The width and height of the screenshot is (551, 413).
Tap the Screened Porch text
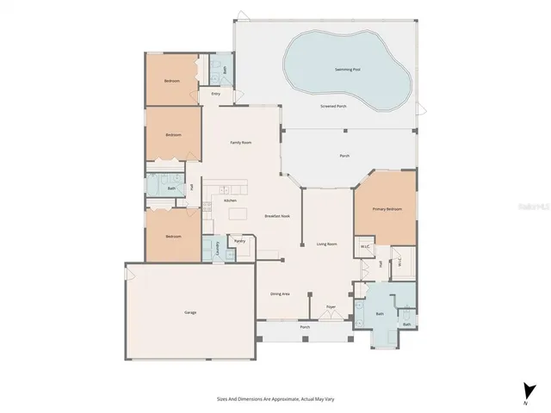[333, 106]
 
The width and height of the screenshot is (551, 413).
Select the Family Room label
[240, 142]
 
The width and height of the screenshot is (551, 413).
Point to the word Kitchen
[230, 200]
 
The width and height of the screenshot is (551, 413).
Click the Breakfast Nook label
[276, 216]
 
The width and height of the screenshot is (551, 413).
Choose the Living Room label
[326, 244]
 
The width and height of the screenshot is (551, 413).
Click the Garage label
[190, 311]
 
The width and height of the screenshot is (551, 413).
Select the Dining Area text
[280, 293]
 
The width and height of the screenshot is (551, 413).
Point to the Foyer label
[331, 306]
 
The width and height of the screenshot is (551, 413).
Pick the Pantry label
[239, 241]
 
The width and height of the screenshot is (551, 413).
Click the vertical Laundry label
[216, 246]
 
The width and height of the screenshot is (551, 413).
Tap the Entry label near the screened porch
[215, 93]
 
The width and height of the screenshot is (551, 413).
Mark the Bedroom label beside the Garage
[173, 236]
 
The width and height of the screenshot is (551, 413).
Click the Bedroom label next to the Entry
[172, 81]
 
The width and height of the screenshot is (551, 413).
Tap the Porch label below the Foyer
[305, 328]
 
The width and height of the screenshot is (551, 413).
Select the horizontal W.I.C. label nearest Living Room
[365, 246]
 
